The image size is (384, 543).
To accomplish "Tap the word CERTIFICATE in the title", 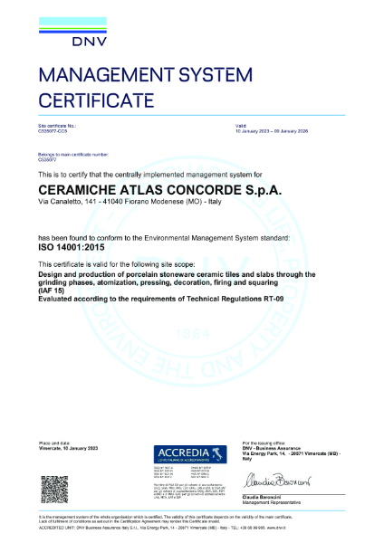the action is point(91,99).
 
